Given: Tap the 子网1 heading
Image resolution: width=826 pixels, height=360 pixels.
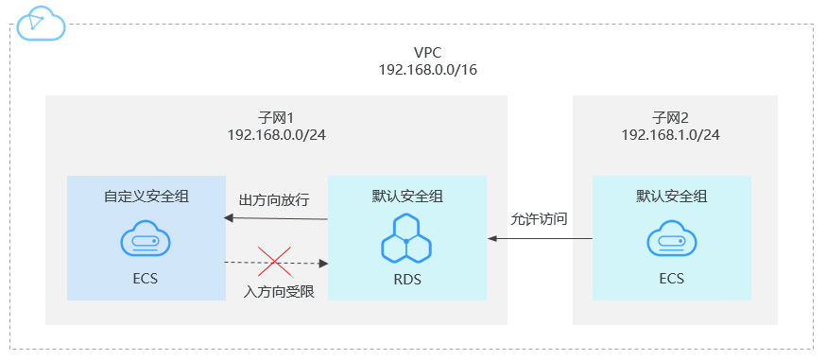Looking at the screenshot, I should pos(276,117).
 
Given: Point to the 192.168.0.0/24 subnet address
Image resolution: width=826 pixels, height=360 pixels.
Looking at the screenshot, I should pos(276,134).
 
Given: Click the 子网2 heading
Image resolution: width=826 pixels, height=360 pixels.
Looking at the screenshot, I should pos(670,117).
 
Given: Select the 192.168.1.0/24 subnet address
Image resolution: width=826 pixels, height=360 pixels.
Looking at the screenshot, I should pos(670,134).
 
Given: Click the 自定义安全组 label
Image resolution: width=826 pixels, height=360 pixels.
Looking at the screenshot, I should pos(146,197).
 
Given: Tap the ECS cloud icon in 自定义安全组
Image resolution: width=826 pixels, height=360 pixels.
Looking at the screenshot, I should pos(146,240).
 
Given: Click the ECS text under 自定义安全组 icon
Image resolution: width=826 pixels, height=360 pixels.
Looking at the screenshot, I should pos(146,279).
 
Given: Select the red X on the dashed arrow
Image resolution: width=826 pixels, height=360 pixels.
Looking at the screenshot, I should pos(275,260).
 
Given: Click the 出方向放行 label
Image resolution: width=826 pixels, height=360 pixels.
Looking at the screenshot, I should pos(275,200).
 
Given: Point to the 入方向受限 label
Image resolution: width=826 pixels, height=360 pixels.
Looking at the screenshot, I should pos(275,290).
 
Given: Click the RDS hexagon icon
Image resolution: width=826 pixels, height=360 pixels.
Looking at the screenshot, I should pos(407,238).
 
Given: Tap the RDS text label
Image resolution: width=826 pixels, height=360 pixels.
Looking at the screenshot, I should pos(407,280).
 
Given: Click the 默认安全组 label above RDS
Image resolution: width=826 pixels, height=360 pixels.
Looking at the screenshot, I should pos(407,197).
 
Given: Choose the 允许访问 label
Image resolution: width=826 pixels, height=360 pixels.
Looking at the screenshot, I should pos(539,218).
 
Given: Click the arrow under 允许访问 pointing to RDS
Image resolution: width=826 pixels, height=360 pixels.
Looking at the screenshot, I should pos(540,239).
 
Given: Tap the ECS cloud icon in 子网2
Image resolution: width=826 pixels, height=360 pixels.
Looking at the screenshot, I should pos(670,240).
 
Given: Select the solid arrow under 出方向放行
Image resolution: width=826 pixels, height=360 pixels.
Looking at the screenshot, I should pos(275,219).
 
